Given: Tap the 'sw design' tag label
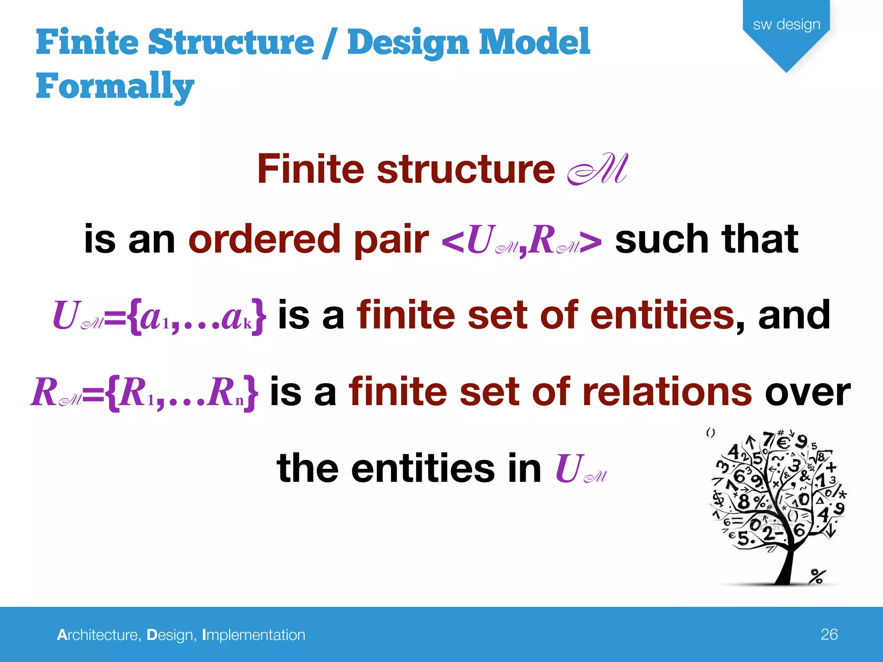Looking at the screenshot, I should pos(786,24).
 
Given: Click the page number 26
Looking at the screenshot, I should pos(829,634).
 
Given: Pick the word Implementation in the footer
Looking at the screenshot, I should pos(254,635).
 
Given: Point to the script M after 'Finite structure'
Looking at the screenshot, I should pos(598,169).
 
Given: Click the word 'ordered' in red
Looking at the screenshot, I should pos(265,239).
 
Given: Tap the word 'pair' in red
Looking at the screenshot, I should pos(391,240).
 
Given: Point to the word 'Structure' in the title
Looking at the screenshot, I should pos(231,42).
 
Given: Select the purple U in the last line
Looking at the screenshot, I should pos(569,468).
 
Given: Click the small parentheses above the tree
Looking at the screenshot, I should pos(711,432).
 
